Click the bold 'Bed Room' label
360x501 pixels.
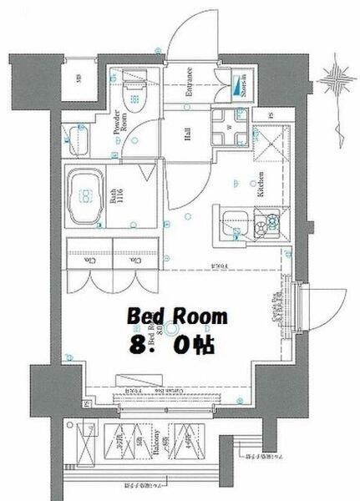click(176, 316)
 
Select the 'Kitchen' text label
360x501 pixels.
click(261, 179)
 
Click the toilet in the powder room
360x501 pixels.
click(133, 94)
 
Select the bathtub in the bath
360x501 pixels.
click(84, 197)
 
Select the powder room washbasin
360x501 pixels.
click(81, 139)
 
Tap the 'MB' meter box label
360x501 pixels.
click(79, 80)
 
